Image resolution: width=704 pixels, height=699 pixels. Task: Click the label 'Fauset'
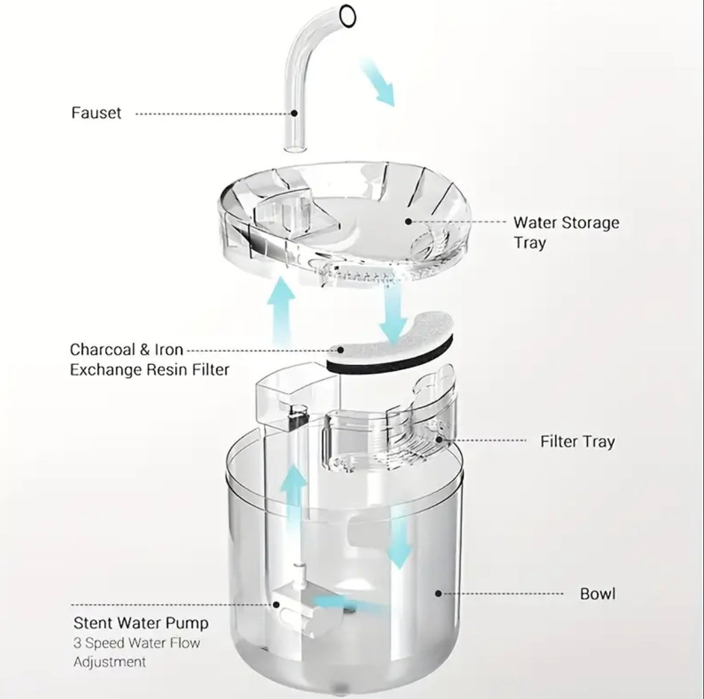(96, 113)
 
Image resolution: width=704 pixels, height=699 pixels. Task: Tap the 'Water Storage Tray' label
(566, 232)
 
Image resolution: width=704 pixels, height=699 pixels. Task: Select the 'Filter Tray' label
(577, 442)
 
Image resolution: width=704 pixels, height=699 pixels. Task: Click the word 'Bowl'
(597, 594)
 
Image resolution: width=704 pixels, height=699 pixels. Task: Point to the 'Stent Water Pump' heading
(141, 623)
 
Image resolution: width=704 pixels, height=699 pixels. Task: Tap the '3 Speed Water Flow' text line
(137, 643)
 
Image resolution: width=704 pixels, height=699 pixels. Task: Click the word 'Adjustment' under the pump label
(110, 662)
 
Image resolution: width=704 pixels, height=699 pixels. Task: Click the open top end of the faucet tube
(347, 16)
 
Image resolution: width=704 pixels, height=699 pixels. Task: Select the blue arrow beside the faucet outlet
(377, 82)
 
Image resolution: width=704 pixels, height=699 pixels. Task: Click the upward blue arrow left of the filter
(280, 311)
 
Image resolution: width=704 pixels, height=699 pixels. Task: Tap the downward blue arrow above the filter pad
(393, 313)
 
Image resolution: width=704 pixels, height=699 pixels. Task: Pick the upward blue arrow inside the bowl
(294, 494)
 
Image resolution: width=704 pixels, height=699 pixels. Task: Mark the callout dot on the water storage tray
(408, 221)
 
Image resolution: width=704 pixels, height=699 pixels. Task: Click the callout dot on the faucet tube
(294, 113)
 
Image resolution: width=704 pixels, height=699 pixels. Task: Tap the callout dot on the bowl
(439, 594)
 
